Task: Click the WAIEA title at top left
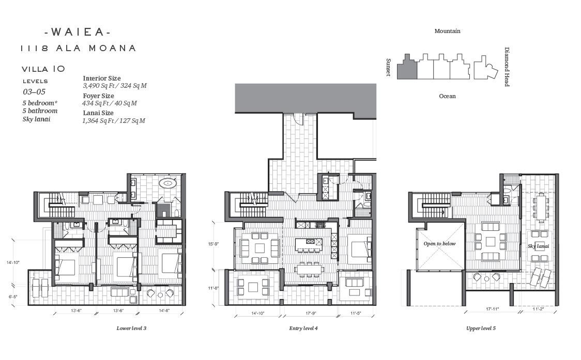tap(78, 32)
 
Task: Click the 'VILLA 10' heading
tap(43, 69)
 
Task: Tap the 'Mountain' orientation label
tap(447, 31)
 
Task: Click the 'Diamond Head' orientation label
tap(507, 67)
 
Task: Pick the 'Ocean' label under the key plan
tap(447, 96)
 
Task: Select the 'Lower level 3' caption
tap(131, 328)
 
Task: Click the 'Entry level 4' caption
tap(303, 328)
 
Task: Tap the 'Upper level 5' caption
tap(481, 328)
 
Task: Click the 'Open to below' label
tap(439, 244)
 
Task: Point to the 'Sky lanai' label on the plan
tap(539, 246)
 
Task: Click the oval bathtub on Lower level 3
tap(169, 183)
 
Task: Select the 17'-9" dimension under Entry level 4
tap(311, 314)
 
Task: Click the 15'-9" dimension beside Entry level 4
tap(213, 244)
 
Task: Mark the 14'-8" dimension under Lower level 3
tap(164, 311)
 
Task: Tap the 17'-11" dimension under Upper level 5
tap(492, 309)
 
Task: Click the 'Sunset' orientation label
tap(388, 68)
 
